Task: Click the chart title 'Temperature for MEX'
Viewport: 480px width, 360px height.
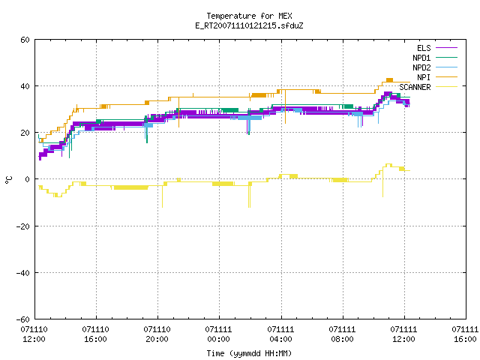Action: [249, 16]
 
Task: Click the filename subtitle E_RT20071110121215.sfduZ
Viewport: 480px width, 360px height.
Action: [249, 25]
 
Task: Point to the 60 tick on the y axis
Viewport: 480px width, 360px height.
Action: [25, 40]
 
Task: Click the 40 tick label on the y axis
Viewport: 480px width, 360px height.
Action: [25, 86]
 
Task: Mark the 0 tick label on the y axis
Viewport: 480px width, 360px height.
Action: [28, 179]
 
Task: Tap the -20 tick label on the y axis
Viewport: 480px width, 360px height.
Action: [23, 226]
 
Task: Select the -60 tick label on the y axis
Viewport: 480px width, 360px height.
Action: [23, 319]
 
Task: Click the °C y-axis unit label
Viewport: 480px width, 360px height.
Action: [9, 180]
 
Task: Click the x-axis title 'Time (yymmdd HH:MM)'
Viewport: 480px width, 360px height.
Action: [249, 353]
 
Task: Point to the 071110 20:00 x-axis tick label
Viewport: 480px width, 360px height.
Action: [157, 334]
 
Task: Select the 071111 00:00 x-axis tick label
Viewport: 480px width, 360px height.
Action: [218, 334]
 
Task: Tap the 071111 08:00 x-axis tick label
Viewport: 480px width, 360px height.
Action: [342, 334]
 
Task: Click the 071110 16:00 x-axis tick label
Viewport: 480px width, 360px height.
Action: [95, 334]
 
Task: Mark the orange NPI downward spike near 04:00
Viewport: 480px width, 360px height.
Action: [285, 106]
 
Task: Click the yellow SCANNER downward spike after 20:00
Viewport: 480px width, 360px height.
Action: [162, 196]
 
